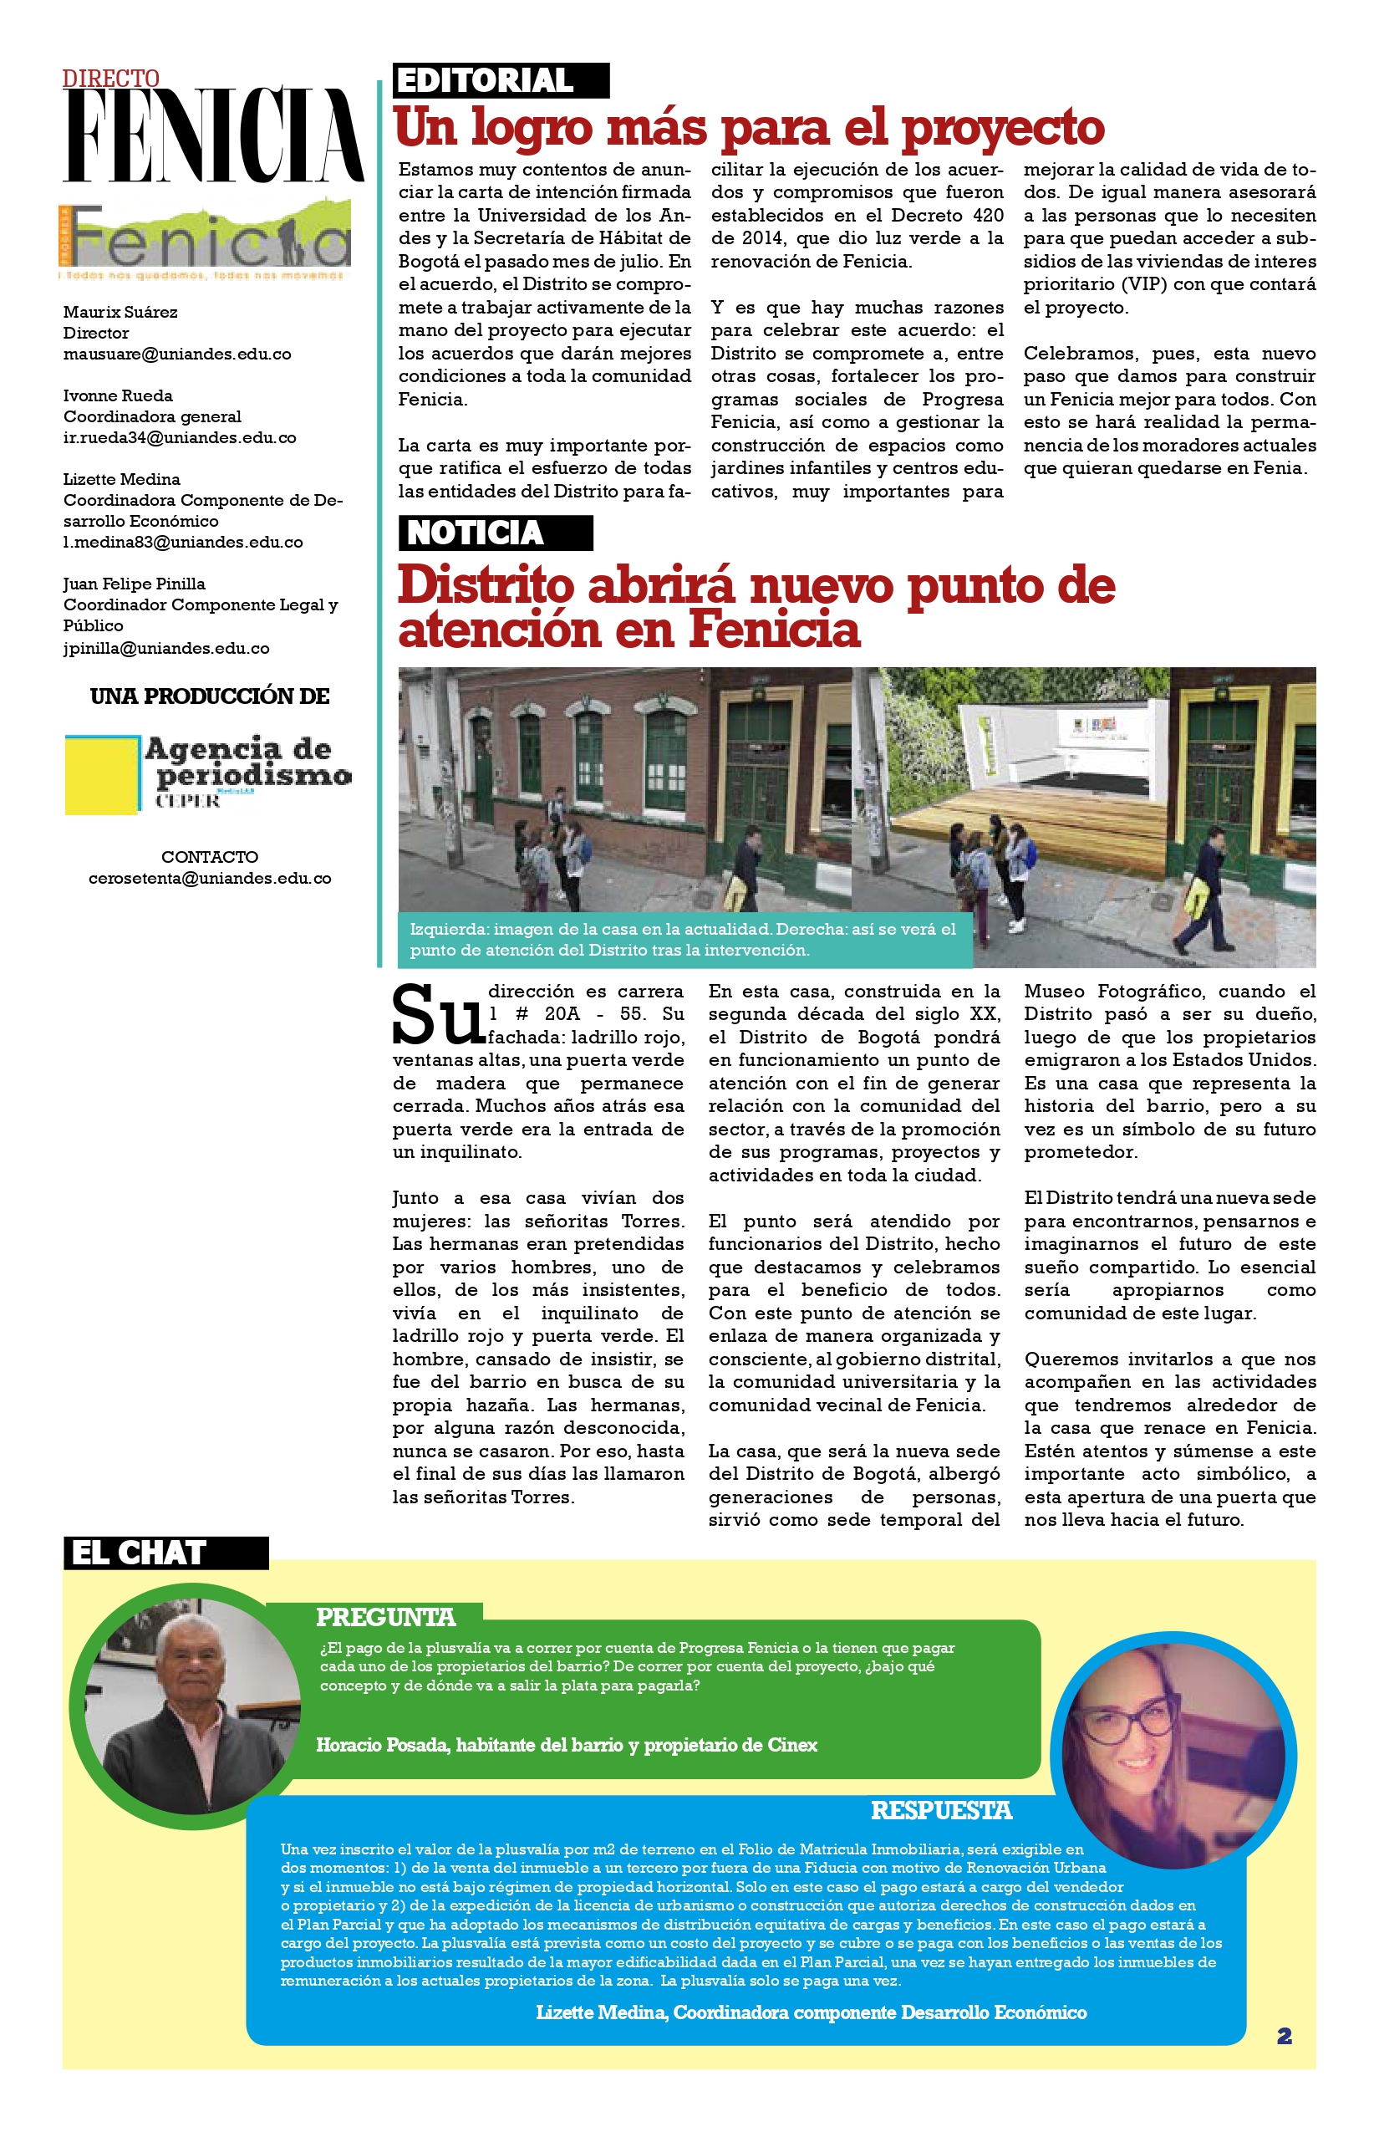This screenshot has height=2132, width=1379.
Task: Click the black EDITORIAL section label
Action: pos(501,80)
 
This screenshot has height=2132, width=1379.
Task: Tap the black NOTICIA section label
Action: pos(494,533)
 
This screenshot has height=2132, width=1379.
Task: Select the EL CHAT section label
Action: pos(165,1553)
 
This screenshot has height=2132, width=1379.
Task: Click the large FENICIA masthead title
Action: pos(213,136)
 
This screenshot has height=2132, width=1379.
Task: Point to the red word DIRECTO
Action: pos(111,79)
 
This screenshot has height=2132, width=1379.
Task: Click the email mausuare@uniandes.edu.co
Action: pos(177,354)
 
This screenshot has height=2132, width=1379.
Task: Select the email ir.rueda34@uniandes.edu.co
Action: pos(179,438)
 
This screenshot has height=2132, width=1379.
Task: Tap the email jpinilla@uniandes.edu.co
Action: pos(166,648)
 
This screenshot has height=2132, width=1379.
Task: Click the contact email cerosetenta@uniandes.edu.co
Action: pos(210,879)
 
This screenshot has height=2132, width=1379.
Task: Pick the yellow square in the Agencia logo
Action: pos(101,776)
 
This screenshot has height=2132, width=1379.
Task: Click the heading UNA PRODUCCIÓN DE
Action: pos(210,696)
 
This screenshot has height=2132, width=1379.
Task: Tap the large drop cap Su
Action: pos(438,1016)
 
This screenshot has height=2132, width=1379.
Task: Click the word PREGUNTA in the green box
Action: pos(386,1617)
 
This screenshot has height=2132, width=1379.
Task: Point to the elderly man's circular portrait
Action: pos(191,1706)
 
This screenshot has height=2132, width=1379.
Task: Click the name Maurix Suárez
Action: pos(120,312)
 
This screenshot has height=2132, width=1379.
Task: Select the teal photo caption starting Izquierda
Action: pos(684,940)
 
